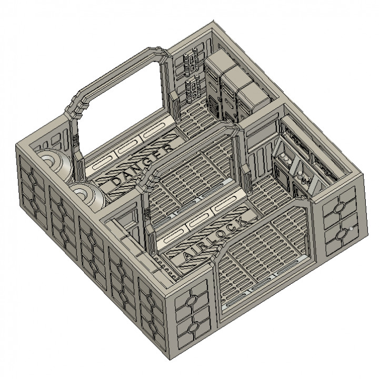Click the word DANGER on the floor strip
[x=141, y=167]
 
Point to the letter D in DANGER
[x=115, y=182]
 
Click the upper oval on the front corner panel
[x=194, y=302]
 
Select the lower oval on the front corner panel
[x=195, y=327]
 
